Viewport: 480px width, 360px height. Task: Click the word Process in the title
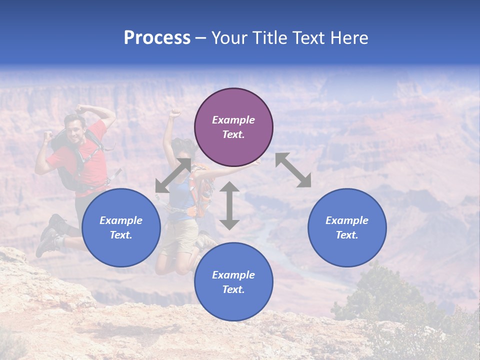click(x=157, y=38)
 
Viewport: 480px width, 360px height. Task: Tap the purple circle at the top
click(x=233, y=127)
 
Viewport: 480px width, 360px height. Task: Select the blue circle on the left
click(x=121, y=227)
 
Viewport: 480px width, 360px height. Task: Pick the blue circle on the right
click(x=347, y=227)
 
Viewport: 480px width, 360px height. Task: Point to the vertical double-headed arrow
click(x=229, y=205)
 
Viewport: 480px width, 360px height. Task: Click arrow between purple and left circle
click(x=173, y=175)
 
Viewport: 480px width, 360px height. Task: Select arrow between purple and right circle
click(x=293, y=170)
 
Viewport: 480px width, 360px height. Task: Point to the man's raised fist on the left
click(x=48, y=136)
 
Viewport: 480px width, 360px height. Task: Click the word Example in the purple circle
click(x=233, y=120)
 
